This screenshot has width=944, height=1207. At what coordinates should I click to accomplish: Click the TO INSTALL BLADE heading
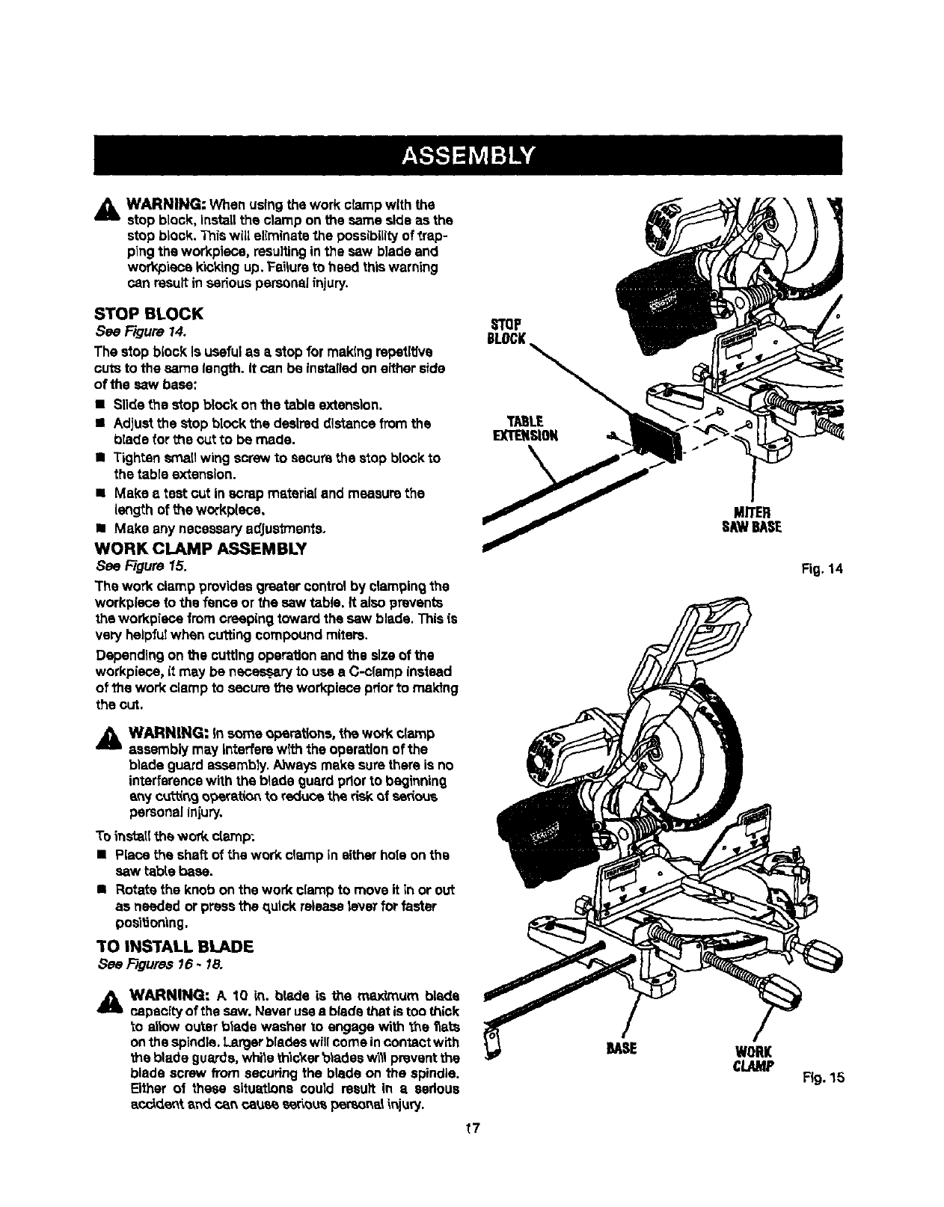174,946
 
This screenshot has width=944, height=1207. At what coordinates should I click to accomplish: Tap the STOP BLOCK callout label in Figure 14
506,330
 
